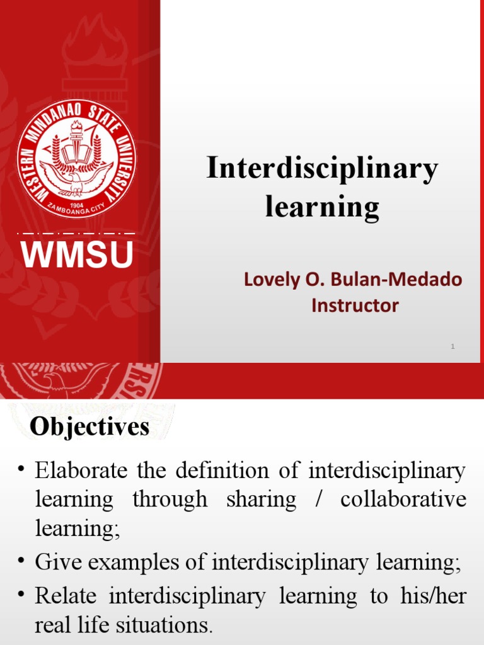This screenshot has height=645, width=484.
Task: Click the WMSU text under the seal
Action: coord(78,254)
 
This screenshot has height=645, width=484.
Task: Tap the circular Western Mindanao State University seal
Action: coord(76,160)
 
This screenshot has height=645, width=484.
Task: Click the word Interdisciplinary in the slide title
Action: coord(322,171)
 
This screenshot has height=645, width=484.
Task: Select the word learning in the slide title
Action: coord(322,207)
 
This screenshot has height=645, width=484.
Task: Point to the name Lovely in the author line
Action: coord(270,279)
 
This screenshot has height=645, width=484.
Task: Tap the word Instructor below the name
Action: coord(355,306)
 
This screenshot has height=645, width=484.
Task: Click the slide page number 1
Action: coord(452,346)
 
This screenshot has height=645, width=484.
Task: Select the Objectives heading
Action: coord(90,428)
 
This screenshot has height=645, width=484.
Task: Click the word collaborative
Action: coord(403,499)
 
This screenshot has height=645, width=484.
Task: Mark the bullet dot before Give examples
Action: coord(21,561)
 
